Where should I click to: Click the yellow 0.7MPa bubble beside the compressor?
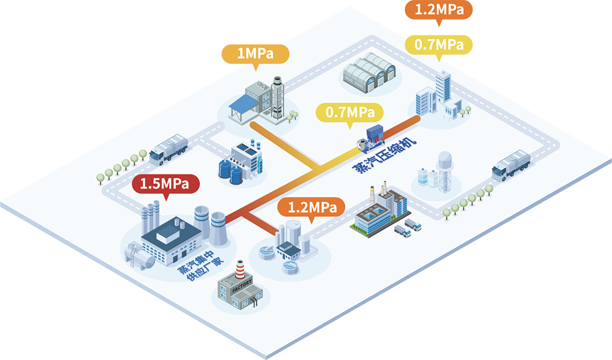point(349,113)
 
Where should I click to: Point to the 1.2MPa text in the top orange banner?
point(439,10)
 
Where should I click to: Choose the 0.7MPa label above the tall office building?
point(439,45)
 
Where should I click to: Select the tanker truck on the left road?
point(168,148)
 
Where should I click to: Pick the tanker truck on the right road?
point(511,163)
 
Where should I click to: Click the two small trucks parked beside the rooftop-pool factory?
point(408,228)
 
